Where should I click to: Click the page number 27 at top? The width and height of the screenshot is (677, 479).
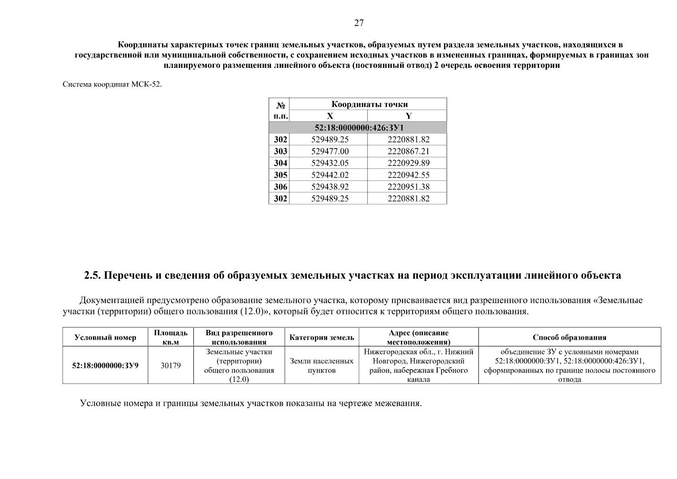[359, 23]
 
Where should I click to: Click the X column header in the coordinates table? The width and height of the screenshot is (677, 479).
[330, 116]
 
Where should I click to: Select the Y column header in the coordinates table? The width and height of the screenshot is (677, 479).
[409, 116]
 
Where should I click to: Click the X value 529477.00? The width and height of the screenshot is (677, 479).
[330, 151]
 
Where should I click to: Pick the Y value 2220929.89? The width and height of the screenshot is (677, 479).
[409, 163]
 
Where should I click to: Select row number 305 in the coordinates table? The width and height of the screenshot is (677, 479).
[280, 175]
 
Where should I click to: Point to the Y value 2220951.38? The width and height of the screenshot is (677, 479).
[409, 186]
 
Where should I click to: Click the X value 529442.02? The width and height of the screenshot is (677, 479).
[330, 175]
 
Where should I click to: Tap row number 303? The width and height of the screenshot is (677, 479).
[280, 151]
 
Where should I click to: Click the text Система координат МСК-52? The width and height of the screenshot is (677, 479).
[112, 85]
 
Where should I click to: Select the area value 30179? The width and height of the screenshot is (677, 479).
[171, 365]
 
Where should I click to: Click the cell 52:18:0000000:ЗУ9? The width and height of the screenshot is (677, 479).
[105, 365]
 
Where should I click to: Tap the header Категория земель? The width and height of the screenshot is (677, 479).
[322, 338]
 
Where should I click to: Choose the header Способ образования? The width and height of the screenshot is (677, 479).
[569, 338]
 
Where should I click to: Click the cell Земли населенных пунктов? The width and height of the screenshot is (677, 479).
[322, 366]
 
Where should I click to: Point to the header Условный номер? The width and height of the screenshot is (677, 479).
[105, 338]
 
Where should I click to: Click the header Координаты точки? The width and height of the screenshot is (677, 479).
[369, 105]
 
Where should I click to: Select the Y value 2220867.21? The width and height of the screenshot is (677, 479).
[409, 151]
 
